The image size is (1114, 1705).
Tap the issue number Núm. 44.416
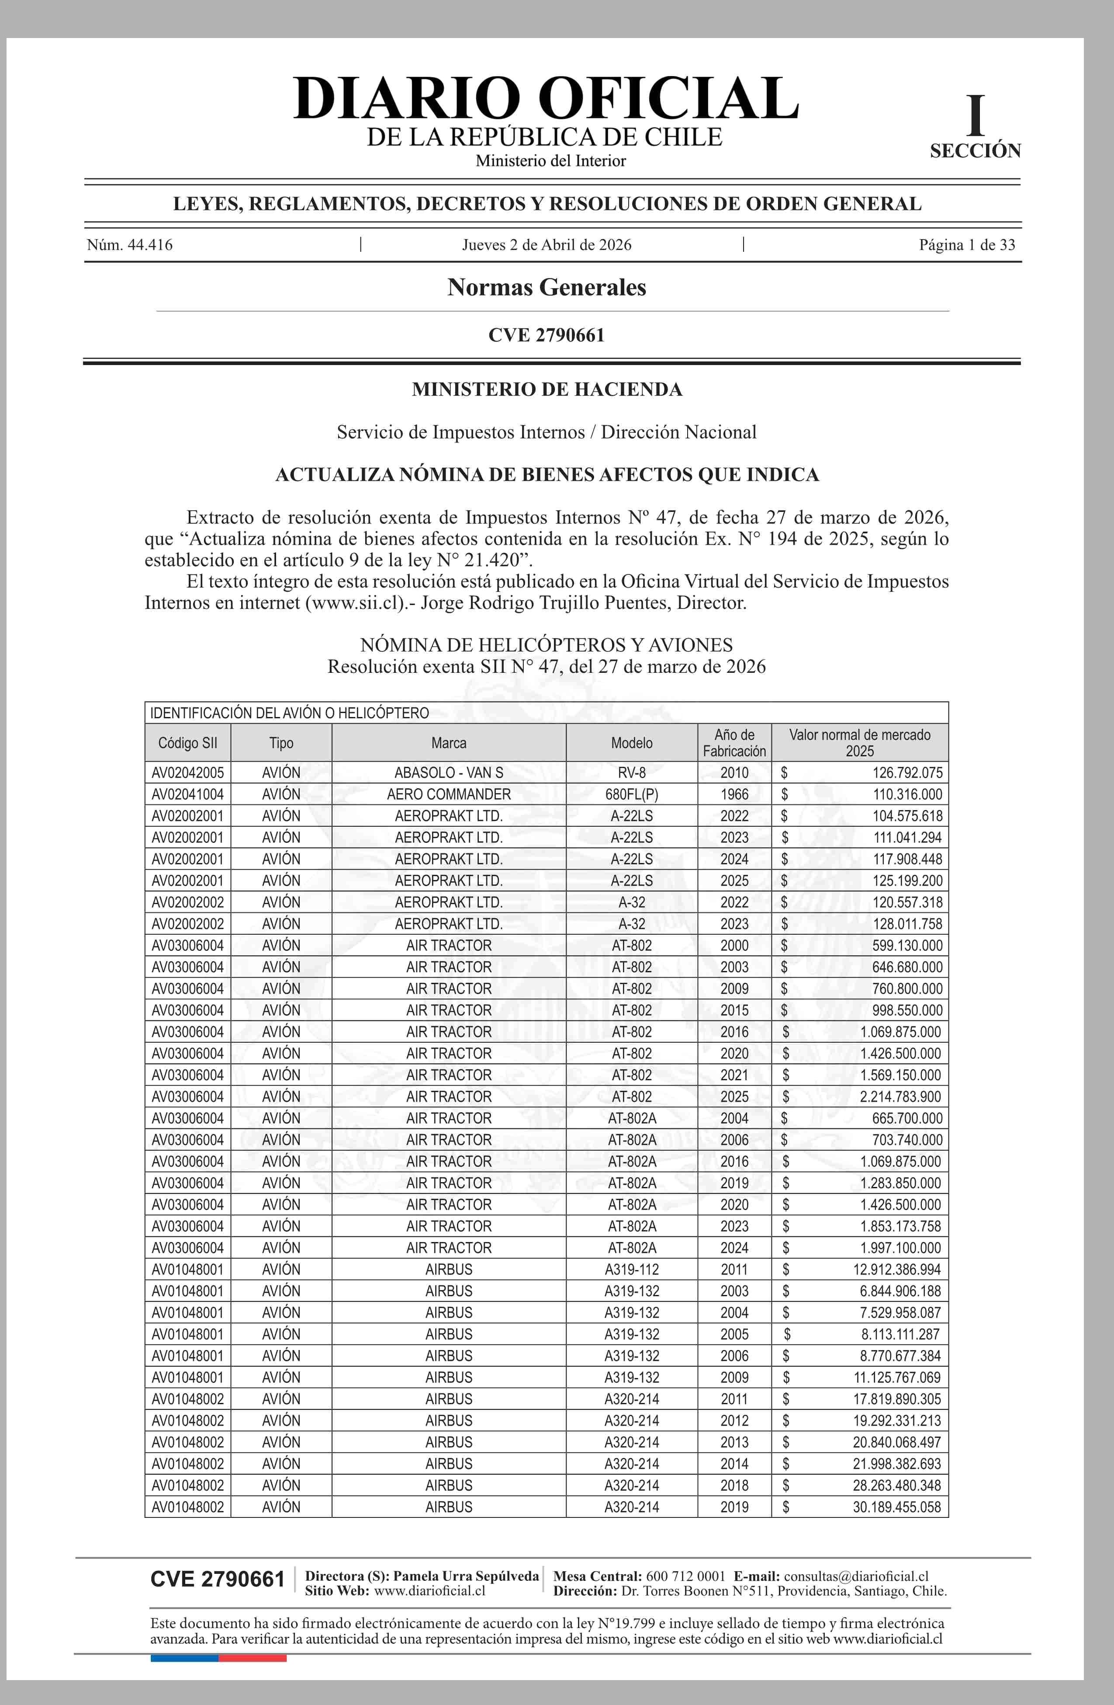(x=130, y=245)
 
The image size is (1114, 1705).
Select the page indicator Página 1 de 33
(x=966, y=245)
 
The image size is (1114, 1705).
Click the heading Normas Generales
(x=546, y=287)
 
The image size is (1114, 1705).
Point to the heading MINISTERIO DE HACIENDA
(x=547, y=390)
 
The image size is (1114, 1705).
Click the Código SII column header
(x=187, y=743)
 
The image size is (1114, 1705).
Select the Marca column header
(x=449, y=743)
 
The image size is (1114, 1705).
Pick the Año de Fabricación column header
(x=734, y=743)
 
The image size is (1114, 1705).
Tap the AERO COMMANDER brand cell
(x=449, y=794)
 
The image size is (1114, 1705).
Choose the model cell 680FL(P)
(x=631, y=794)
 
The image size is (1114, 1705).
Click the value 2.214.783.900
(x=901, y=1097)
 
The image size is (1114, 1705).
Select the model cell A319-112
(x=631, y=1270)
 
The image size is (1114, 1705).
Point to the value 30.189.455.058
(x=896, y=1507)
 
